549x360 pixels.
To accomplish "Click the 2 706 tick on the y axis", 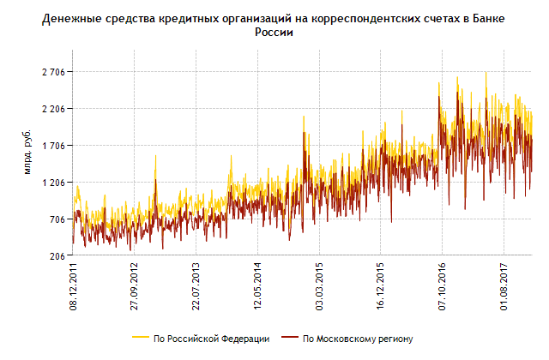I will tap(53, 72).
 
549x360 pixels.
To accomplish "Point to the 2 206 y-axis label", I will tap(53, 109).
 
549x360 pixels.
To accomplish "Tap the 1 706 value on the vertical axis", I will tap(53, 146).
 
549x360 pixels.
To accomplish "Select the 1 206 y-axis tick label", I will tap(53, 183).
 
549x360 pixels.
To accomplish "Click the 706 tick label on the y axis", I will tap(57, 219).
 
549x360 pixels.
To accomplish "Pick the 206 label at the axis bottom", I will tap(57, 256).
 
